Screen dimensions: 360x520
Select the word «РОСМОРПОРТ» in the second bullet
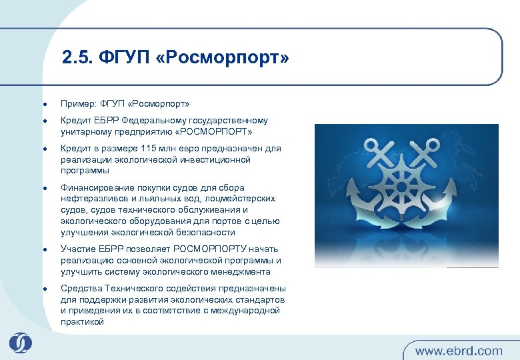[x=213, y=131]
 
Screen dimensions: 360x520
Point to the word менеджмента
[x=241, y=272]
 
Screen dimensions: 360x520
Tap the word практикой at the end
[x=82, y=322]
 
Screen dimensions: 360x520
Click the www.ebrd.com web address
[x=459, y=350]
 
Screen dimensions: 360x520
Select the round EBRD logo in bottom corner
[x=21, y=342]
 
